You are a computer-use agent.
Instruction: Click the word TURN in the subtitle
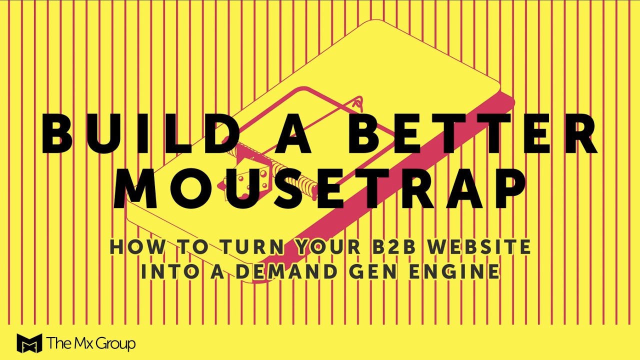[247, 246]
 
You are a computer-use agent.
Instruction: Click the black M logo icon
[29, 343]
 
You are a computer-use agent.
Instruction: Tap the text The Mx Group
[91, 343]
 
